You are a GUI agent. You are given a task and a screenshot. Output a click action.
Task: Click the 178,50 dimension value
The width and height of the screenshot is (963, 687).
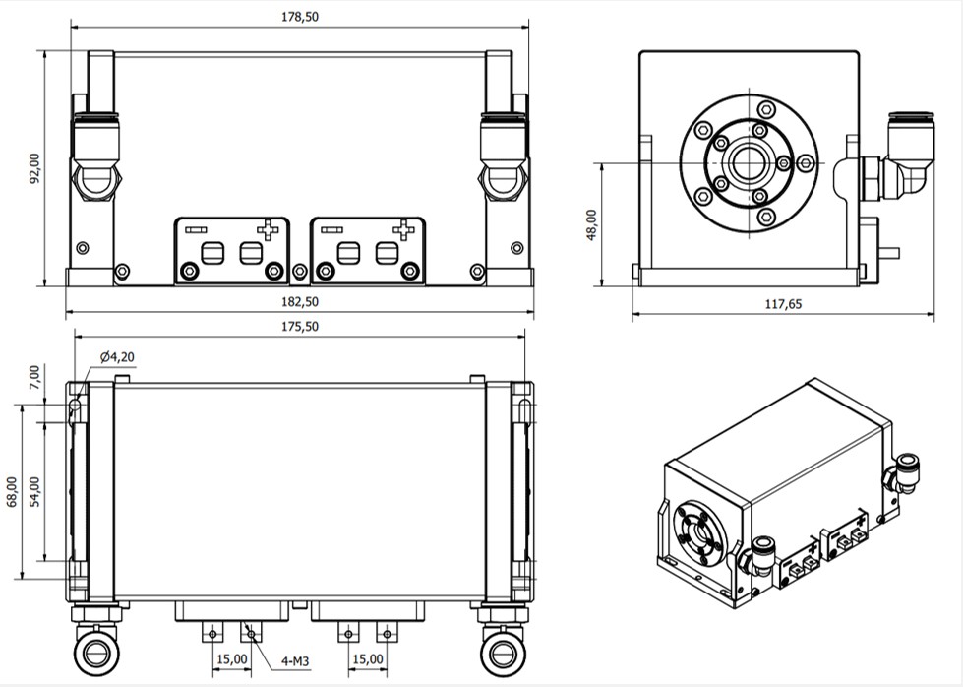300,17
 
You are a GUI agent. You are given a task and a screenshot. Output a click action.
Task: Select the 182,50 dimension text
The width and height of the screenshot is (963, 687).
300,302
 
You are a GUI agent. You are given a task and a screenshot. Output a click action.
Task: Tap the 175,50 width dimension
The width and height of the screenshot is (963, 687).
300,327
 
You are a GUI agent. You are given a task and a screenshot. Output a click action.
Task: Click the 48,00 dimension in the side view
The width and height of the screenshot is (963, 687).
591,225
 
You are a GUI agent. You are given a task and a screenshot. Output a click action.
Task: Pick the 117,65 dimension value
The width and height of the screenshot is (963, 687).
783,304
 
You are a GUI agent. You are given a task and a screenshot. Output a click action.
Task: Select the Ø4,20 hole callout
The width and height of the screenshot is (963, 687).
117,357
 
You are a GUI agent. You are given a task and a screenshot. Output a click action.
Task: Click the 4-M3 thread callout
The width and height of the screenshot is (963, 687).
295,661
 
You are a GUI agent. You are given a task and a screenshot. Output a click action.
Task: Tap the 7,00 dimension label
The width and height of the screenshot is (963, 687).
33,377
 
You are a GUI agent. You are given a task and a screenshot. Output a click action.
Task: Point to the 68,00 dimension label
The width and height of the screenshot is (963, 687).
12,492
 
